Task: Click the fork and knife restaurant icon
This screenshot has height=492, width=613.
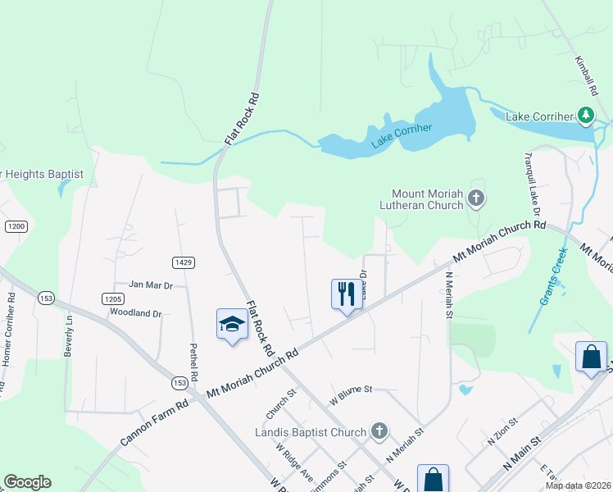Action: click(346, 293)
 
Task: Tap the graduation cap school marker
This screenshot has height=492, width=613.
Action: click(231, 324)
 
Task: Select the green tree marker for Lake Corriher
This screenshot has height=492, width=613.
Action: click(585, 116)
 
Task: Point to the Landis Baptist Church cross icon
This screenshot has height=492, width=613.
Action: click(379, 430)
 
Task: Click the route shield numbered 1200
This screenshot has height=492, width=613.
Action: click(16, 225)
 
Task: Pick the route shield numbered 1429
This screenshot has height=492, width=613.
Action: click(183, 262)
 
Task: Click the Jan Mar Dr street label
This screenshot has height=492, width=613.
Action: click(151, 285)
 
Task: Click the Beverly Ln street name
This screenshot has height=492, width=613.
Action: click(68, 335)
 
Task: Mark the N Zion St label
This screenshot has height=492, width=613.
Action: click(503, 431)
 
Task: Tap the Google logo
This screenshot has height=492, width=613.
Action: click(27, 482)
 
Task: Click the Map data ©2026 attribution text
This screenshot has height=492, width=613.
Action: click(578, 485)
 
